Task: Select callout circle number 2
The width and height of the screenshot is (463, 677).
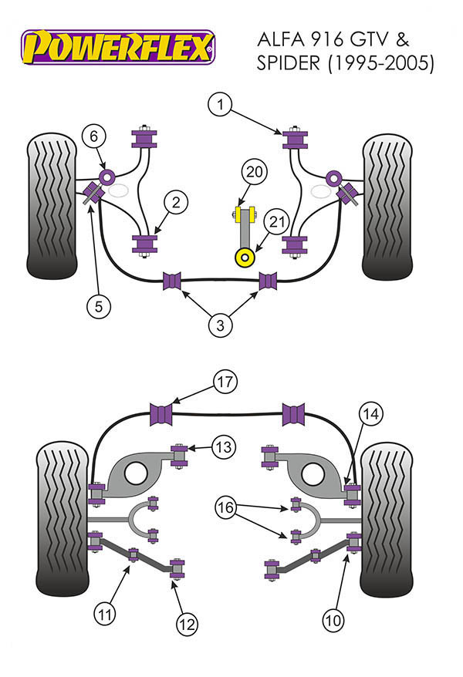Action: (176, 203)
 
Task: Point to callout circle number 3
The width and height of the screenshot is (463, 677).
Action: (219, 325)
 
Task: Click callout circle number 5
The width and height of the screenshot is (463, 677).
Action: (99, 306)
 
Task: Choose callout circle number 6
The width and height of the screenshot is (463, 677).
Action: (93, 137)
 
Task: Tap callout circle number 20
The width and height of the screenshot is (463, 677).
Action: (253, 172)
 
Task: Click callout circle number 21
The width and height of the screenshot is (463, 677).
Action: (277, 222)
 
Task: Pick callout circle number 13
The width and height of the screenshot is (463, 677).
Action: (223, 447)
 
